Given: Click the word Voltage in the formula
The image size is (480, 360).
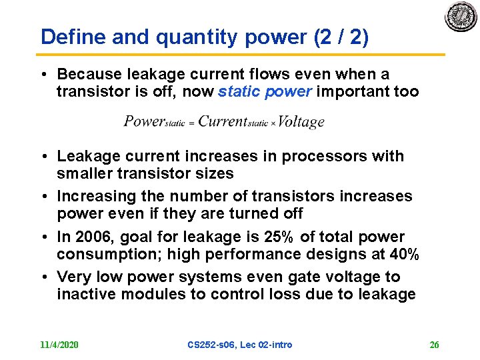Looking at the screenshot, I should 301,121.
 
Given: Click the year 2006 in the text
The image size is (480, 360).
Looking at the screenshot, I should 94,237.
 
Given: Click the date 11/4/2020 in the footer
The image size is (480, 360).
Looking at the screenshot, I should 59,345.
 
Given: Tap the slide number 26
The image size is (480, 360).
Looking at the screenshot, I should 434,345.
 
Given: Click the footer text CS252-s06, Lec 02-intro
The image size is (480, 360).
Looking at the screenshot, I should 240,345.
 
